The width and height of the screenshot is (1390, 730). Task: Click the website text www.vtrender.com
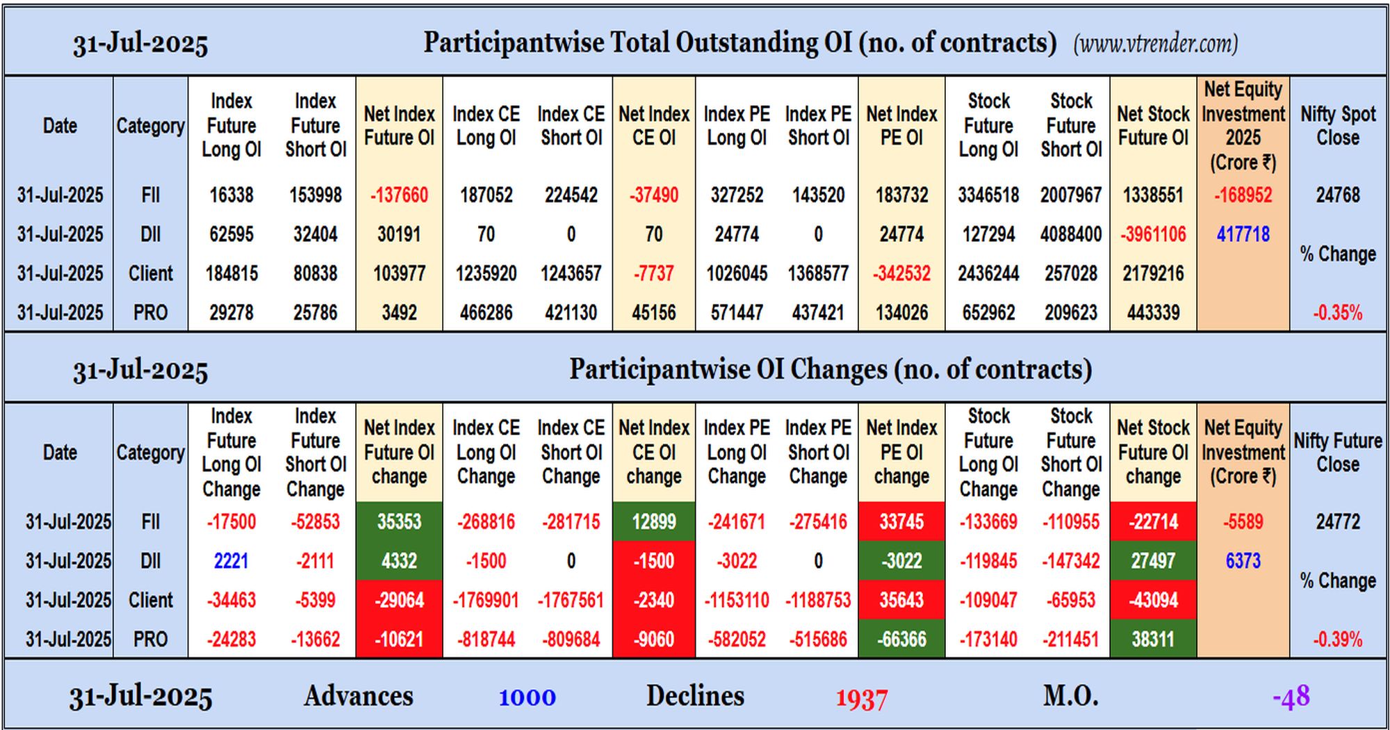tap(1155, 44)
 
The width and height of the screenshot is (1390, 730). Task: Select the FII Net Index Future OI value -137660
tap(399, 195)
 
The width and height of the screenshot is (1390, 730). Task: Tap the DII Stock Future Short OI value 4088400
tap(1071, 234)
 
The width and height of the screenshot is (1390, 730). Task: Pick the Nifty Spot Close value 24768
tap(1338, 195)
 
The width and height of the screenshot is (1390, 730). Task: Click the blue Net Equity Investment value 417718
tap(1243, 234)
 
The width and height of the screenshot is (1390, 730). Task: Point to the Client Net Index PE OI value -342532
tap(901, 273)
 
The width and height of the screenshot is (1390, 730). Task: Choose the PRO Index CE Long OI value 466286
tap(486, 313)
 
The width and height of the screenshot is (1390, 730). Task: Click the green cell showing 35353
tap(399, 521)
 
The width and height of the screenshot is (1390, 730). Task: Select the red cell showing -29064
tap(399, 600)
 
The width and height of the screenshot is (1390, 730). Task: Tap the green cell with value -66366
tap(901, 639)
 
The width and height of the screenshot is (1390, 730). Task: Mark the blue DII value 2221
tap(231, 561)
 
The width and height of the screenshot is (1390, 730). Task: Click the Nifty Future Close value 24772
tap(1338, 521)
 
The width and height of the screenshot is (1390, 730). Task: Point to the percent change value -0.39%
tap(1338, 640)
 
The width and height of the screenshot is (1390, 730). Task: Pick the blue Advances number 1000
tap(527, 697)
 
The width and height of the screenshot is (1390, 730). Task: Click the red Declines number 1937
tap(861, 699)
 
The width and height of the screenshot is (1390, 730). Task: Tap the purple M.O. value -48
tap(1291, 696)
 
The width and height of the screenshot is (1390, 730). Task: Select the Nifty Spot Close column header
tap(1338, 126)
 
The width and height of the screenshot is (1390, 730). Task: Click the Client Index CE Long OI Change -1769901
tap(486, 600)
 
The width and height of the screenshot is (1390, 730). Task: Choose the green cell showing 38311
tap(1153, 639)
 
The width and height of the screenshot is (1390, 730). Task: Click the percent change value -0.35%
tap(1338, 313)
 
